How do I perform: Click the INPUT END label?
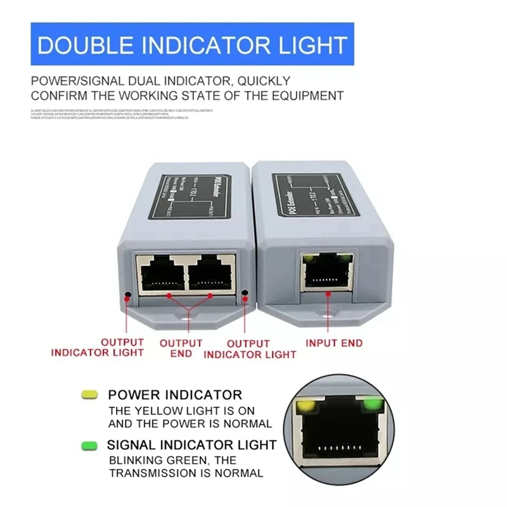(x=334, y=343)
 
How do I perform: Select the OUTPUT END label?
(x=181, y=348)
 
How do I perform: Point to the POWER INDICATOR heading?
(x=175, y=395)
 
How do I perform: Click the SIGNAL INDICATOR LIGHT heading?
(x=192, y=444)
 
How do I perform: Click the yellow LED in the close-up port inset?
(x=306, y=404)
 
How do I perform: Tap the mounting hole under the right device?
(x=328, y=315)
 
